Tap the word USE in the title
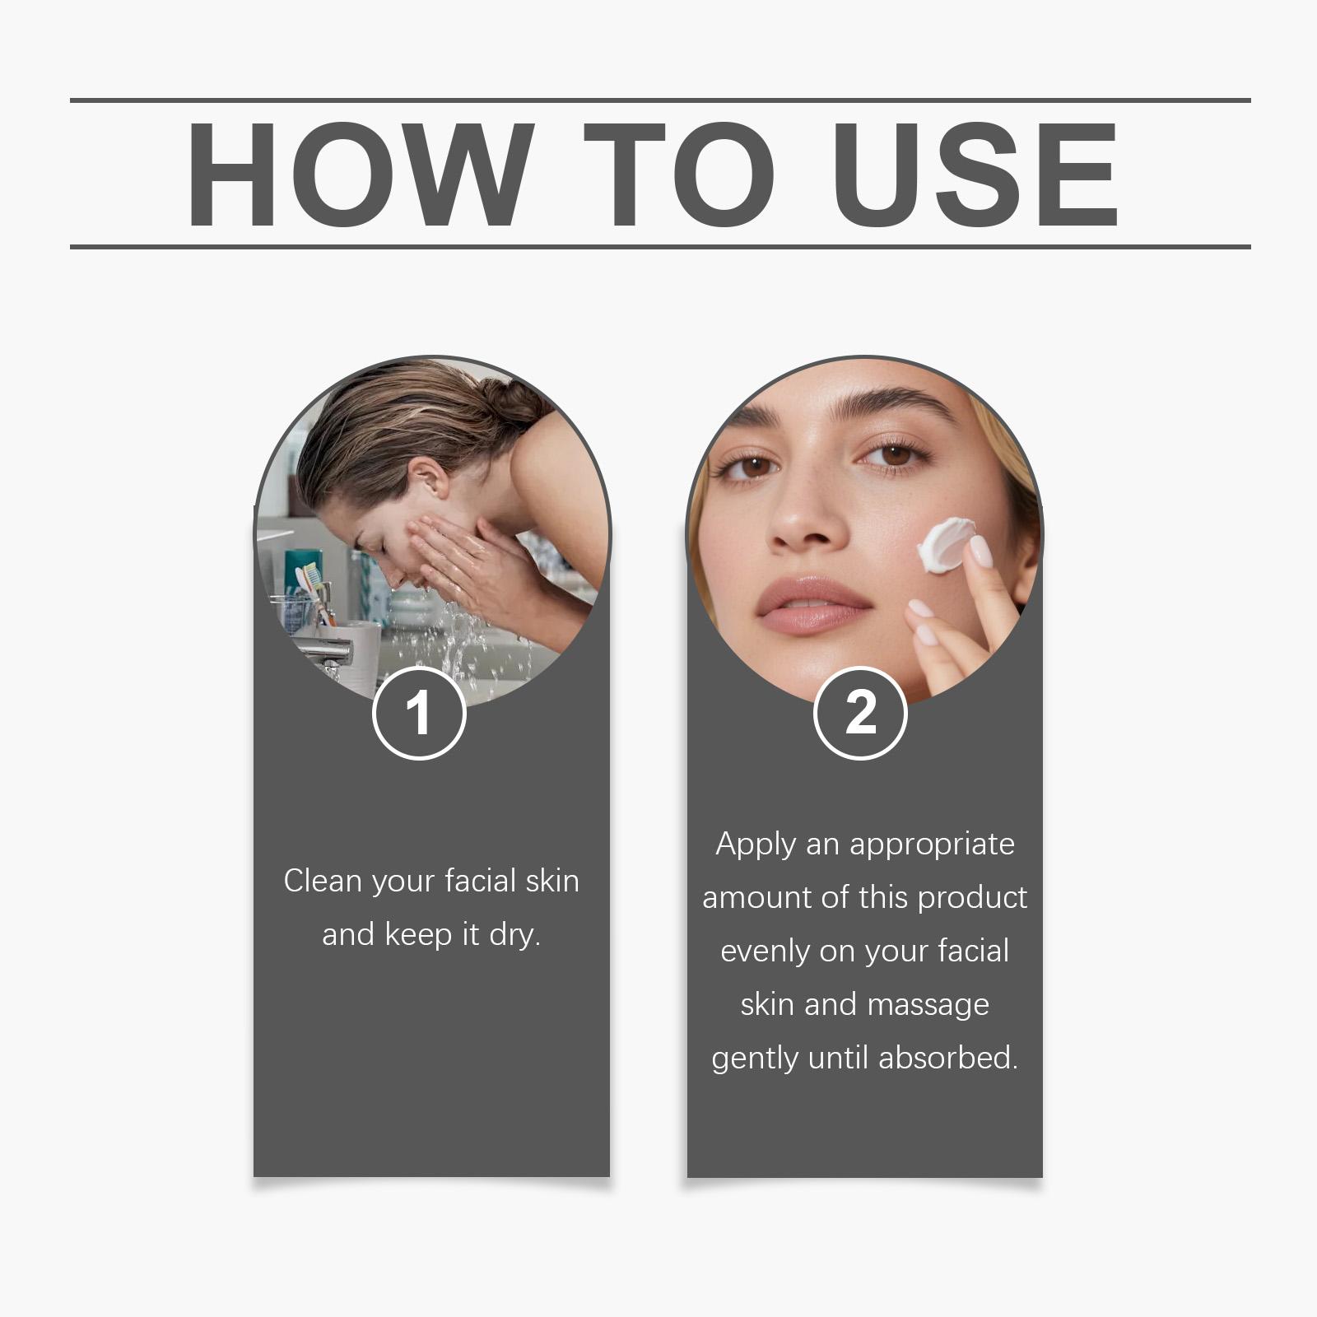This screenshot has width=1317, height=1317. point(975,175)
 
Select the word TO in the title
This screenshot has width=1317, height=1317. point(679,175)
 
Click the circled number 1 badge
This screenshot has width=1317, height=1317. point(419,713)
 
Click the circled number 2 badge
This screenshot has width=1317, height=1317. point(860,713)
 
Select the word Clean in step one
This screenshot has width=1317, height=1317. point(323,881)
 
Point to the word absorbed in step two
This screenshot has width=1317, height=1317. point(948,1058)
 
